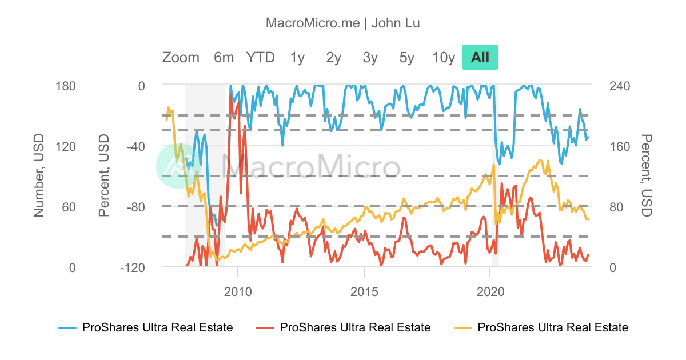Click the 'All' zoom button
pos(480,57)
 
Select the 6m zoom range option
pos(224,57)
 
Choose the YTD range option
pos(260,57)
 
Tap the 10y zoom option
pos(443,57)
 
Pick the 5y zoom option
pos(406,57)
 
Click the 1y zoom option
pos(297,57)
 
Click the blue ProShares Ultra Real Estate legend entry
pos(146,327)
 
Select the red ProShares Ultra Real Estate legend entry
pos(344,327)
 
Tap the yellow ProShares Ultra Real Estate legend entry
pos(541,327)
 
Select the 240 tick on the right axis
pos(619,86)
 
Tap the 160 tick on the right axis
pos(619,146)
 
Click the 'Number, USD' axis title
pos(38,176)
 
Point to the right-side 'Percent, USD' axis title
pos(646,176)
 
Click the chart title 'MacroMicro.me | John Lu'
pos(343,23)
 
